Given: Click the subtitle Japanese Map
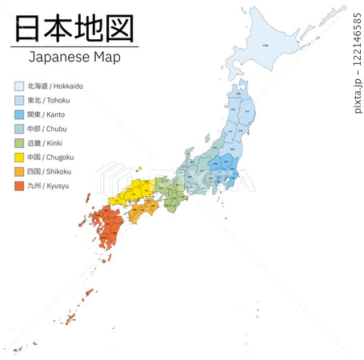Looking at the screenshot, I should (x=75, y=58).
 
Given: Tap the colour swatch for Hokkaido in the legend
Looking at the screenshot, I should (x=19, y=86).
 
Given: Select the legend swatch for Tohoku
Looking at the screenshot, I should (x=19, y=100).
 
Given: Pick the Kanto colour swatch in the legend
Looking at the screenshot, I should (x=19, y=114).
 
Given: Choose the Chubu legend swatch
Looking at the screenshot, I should (x=19, y=129).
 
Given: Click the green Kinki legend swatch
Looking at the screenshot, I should (x=19, y=143).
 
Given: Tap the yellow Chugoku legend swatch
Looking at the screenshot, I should (x=19, y=158).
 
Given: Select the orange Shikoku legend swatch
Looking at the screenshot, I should (x=19, y=172).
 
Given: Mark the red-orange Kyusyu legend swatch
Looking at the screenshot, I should (x=19, y=186).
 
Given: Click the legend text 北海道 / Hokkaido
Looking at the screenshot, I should (x=54, y=86).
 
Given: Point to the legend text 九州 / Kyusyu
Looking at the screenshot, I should (x=48, y=186).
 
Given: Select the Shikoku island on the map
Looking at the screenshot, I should (x=142, y=210).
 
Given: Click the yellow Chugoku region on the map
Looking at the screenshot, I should (x=132, y=194).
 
